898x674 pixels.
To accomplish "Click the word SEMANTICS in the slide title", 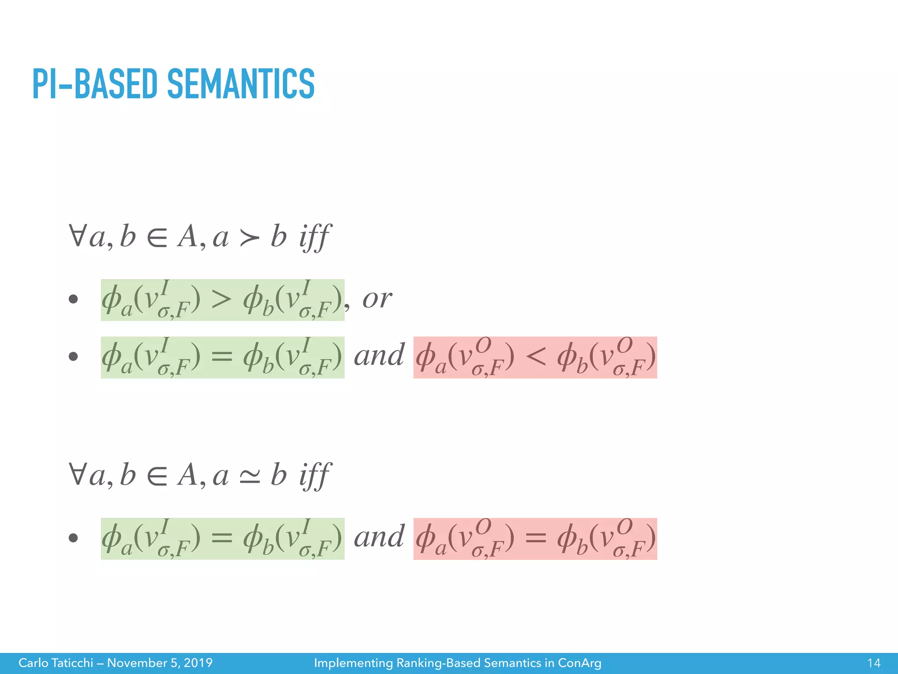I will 241,84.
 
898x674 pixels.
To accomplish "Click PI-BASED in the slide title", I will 94,84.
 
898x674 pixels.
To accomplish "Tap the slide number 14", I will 873,663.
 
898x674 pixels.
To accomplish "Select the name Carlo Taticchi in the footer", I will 56,663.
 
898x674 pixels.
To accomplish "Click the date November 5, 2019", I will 160,663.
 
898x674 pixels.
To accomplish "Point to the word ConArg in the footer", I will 579,663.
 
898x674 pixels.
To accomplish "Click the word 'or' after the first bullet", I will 377,299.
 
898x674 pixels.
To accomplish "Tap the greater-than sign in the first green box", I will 221,300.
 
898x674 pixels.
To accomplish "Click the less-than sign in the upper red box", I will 535,357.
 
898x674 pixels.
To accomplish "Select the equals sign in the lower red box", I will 535,538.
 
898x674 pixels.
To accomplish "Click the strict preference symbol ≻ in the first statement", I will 249,239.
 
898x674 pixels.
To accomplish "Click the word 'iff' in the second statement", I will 314,475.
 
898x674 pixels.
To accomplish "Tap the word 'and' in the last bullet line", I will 379,537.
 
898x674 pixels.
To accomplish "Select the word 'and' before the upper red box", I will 379,356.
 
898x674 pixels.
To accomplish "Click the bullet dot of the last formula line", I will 73,538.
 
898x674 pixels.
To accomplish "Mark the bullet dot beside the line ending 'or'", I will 73,300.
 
